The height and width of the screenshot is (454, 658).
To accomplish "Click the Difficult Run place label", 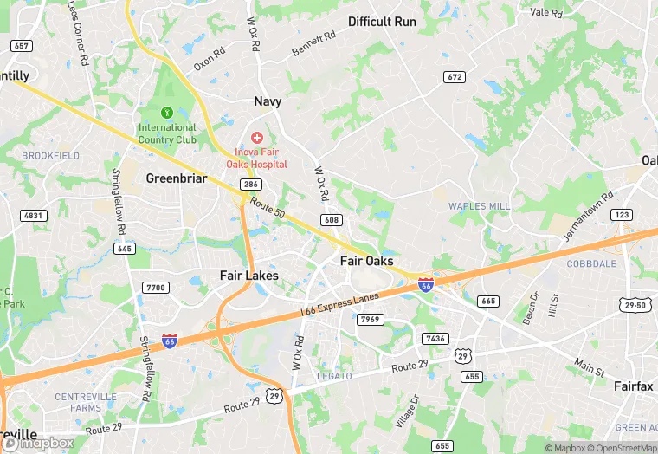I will tap(382, 22).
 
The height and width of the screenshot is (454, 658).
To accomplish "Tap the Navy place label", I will tap(268, 101).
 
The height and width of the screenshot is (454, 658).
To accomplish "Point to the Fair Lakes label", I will tap(248, 276).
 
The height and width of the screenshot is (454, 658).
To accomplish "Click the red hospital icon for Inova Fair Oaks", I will tap(257, 138).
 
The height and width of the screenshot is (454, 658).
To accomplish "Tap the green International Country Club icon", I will tap(167, 113).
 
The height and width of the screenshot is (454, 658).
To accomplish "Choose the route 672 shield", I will tap(455, 77).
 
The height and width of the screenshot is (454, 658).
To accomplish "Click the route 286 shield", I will tap(251, 185).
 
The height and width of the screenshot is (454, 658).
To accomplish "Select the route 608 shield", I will tap(330, 220).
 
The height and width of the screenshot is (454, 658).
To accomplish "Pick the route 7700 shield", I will tap(157, 288).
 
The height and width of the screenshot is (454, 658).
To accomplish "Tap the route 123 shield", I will tap(622, 214).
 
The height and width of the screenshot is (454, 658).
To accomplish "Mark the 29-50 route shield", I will tap(635, 305).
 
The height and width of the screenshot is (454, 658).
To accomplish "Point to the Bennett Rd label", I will tap(313, 44).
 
